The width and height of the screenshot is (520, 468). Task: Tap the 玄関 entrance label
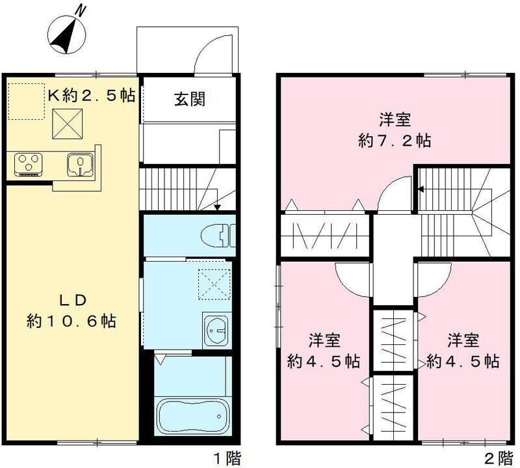click(x=189, y=99)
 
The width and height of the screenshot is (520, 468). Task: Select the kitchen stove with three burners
click(x=28, y=163)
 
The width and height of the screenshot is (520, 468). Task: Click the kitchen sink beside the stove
click(x=81, y=163)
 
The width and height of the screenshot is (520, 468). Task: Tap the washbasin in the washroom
click(x=216, y=331)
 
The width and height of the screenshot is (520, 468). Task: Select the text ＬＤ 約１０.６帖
click(x=73, y=310)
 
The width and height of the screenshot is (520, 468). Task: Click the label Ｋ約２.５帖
click(x=91, y=95)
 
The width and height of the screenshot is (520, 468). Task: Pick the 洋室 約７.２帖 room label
click(x=395, y=130)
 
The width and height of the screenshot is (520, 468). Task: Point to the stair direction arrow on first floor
click(x=216, y=206)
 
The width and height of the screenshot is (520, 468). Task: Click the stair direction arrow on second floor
click(x=421, y=190)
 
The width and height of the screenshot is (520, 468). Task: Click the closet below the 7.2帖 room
click(x=325, y=234)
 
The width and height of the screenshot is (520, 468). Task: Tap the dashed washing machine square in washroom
click(x=214, y=284)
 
